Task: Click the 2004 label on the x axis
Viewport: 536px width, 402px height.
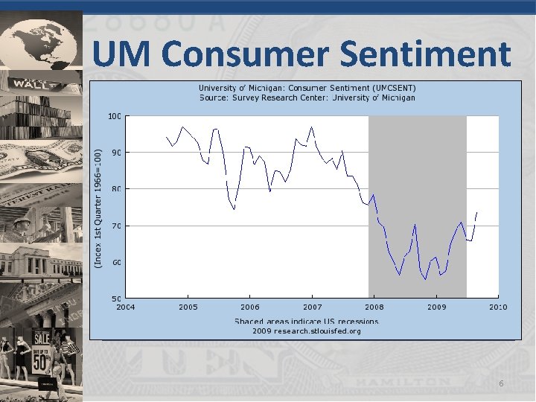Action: (126, 307)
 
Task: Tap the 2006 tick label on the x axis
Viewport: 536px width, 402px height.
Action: (250, 307)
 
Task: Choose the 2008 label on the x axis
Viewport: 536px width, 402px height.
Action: (374, 307)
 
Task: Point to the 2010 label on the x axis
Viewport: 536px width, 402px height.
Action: (498, 307)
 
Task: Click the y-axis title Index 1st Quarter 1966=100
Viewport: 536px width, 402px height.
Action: (99, 207)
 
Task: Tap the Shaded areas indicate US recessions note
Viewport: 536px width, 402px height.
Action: (307, 322)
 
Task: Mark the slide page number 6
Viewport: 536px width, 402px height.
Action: (501, 383)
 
